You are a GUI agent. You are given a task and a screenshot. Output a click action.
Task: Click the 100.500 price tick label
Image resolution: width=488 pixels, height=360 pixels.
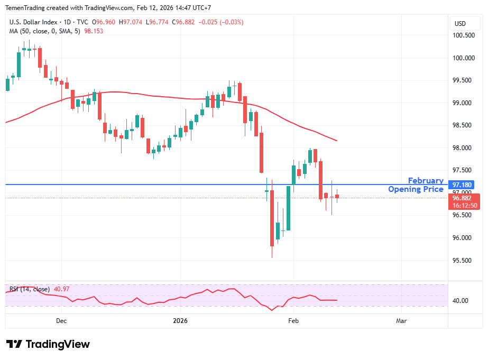463,35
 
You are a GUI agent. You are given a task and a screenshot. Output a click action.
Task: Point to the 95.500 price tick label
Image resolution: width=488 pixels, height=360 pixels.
463,260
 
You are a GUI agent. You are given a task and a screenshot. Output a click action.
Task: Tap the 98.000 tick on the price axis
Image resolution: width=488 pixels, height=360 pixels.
463,148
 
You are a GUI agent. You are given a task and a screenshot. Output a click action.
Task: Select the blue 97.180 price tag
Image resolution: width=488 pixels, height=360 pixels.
461,185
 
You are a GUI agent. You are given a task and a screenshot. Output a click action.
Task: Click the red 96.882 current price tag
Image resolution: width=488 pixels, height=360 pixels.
461,198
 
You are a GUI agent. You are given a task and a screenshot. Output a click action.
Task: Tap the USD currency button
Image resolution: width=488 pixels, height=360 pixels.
460,24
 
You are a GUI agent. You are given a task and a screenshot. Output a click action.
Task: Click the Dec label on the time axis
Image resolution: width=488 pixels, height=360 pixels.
61,321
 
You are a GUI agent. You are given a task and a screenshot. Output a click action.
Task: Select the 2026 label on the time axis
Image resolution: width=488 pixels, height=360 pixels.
181,321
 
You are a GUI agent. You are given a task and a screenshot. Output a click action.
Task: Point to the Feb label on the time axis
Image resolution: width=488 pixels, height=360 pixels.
293,321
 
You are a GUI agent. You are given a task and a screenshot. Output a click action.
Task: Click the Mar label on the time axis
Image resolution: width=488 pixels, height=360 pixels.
401,321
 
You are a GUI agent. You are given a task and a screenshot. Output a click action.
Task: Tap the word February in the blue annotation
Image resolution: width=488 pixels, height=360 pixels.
426,181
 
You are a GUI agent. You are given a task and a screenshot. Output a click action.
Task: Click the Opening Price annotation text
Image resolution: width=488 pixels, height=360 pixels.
416,189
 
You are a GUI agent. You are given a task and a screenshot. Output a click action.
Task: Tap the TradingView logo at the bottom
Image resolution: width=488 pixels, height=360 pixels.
48,344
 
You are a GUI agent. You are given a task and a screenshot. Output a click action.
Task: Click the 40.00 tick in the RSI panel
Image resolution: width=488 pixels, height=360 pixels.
461,301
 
